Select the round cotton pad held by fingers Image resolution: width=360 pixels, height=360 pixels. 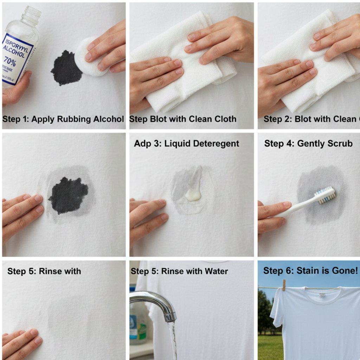tap(90, 58)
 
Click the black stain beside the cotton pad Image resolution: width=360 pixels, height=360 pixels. tap(67, 68)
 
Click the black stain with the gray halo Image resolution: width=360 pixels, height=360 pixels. tap(69, 195)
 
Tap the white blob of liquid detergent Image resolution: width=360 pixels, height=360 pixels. tap(193, 194)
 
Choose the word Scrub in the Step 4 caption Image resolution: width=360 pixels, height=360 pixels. tap(340, 143)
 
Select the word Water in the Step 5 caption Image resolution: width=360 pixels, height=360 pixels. tap(214, 271)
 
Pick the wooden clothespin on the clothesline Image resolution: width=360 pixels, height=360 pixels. tap(283, 285)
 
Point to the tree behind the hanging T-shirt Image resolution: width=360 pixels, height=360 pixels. tap(264, 313)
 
